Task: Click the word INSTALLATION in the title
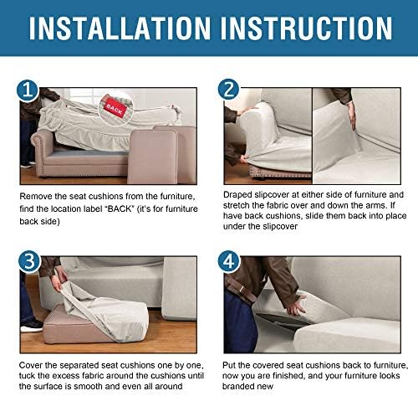pyautogui.click(x=120, y=28)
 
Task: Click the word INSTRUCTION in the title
pyautogui.click(x=307, y=28)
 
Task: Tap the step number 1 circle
pyautogui.click(x=28, y=90)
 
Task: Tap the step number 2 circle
pyautogui.click(x=229, y=90)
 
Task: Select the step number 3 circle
pyautogui.click(x=29, y=262)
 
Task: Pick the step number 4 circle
pyautogui.click(x=229, y=262)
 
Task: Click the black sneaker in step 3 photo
pyautogui.click(x=32, y=326)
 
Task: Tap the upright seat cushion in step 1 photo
pyautogui.click(x=152, y=157)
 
